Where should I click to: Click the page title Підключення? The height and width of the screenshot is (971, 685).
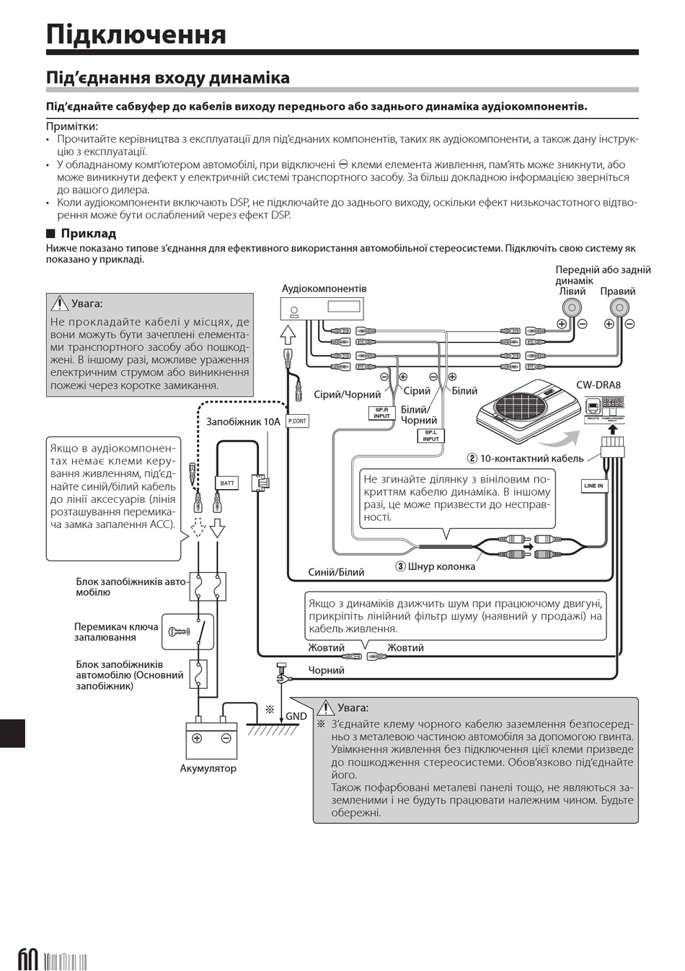pyautogui.click(x=136, y=34)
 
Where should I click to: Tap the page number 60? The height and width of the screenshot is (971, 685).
pyautogui.click(x=27, y=959)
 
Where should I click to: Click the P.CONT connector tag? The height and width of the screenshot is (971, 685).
pyautogui.click(x=297, y=421)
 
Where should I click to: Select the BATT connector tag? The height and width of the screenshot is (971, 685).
pyautogui.click(x=227, y=483)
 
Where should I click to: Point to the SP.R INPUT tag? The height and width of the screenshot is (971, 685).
pyautogui.click(x=381, y=413)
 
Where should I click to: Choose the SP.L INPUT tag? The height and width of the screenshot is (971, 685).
pyautogui.click(x=430, y=436)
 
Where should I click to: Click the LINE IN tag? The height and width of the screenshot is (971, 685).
pyautogui.click(x=593, y=486)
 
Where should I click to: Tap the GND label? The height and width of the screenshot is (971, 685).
pyautogui.click(x=296, y=716)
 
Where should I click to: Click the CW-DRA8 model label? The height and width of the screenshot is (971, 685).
pyautogui.click(x=598, y=385)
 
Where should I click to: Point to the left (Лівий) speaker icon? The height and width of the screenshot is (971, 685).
pyautogui.click(x=572, y=307)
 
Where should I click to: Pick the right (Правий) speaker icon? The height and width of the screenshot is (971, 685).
pyautogui.click(x=619, y=307)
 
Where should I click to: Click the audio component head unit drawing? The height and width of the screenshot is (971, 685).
pyautogui.click(x=322, y=308)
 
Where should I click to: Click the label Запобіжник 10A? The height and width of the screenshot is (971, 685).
pyautogui.click(x=242, y=421)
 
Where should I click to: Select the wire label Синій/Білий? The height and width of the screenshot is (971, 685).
pyautogui.click(x=336, y=572)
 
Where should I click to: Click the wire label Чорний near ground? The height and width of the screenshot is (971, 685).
pyautogui.click(x=327, y=670)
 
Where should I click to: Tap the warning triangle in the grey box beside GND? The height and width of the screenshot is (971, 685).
pyautogui.click(x=326, y=708)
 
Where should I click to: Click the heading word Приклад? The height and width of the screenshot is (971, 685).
pyautogui.click(x=88, y=233)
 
